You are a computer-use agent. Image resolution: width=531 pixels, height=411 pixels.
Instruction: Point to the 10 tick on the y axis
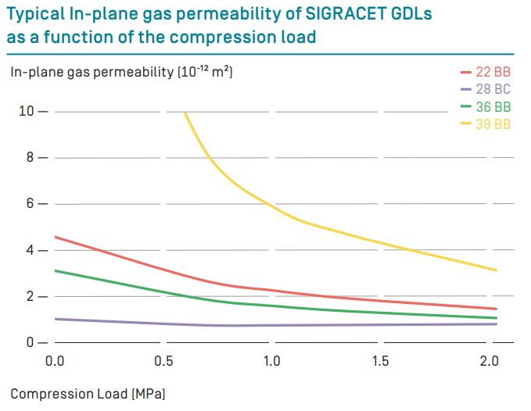pos(26,112)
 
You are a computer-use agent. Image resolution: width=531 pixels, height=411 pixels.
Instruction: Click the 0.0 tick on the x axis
pos(55,362)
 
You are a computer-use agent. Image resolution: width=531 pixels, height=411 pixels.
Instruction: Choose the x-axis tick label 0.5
pos(163,362)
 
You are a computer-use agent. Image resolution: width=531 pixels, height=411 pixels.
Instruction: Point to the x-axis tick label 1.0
pos(271,362)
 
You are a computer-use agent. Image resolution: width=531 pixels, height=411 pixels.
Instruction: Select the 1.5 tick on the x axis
pos(380,362)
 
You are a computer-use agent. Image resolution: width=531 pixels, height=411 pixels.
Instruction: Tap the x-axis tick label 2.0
pos(489,362)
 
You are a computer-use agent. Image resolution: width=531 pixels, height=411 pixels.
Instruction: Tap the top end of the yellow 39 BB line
pos(185,113)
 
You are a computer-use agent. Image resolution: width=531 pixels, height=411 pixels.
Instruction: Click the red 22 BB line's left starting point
pos(56,237)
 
